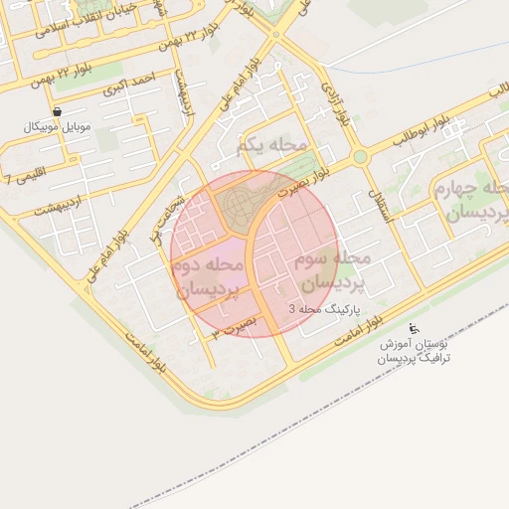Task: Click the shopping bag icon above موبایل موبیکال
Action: (x=57, y=111)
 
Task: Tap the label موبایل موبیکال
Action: (x=57, y=128)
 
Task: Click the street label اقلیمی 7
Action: (x=20, y=180)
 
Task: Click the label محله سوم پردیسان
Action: (x=332, y=270)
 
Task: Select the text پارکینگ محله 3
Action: (x=321, y=309)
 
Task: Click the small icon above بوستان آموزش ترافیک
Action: (x=415, y=329)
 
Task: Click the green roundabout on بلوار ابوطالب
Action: (x=359, y=157)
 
